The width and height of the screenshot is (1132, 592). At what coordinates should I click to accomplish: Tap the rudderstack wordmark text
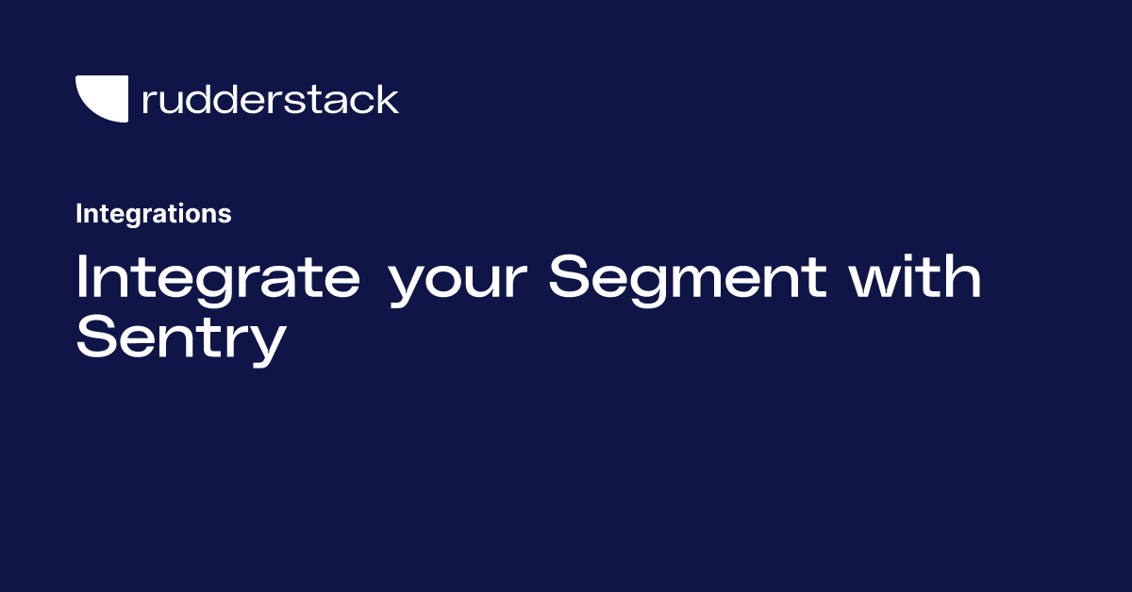pyautogui.click(x=271, y=99)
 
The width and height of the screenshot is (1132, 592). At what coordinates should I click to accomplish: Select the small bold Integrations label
pyautogui.click(x=154, y=214)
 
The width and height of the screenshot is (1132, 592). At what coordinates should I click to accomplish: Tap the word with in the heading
pyautogui.click(x=915, y=276)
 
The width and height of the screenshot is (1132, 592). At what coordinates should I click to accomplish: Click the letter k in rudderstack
pyautogui.click(x=387, y=99)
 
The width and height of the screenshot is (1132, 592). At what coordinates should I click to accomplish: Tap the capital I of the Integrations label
pyautogui.click(x=79, y=213)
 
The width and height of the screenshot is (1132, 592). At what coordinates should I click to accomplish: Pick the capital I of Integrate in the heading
pyautogui.click(x=81, y=276)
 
